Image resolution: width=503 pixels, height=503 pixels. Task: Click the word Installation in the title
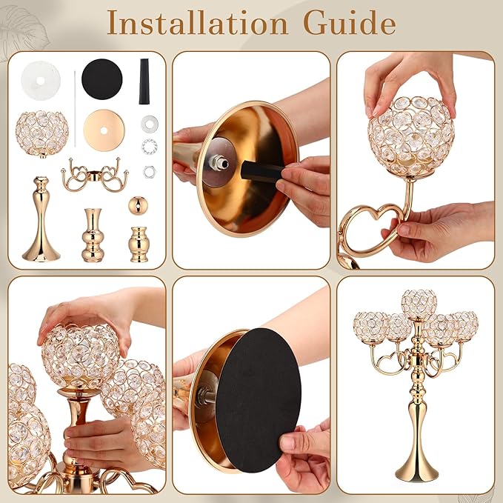pos(197,22)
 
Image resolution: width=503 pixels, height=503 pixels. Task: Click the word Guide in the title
pos(350,22)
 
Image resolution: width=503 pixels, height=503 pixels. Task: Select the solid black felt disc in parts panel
pos(102,79)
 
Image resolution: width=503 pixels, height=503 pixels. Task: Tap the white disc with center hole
pos(41,81)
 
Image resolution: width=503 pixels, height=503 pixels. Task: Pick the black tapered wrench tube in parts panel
pos(144,81)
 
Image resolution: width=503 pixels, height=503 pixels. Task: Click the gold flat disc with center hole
pos(104,130)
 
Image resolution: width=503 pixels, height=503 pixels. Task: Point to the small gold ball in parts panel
pos(138,204)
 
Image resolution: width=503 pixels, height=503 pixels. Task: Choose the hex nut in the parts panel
pos(150,172)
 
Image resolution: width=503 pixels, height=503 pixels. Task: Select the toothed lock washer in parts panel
pos(150,146)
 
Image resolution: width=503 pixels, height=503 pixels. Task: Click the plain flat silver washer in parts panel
pos(150,123)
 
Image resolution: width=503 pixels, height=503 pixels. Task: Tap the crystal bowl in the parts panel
pos(42,134)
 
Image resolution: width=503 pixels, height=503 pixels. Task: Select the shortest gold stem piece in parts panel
pos(139,244)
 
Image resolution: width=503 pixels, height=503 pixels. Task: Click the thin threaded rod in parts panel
pos(75,109)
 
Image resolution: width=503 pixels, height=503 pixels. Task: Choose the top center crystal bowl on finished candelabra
pos(419,305)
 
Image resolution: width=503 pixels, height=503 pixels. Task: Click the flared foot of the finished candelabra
pos(419,465)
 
